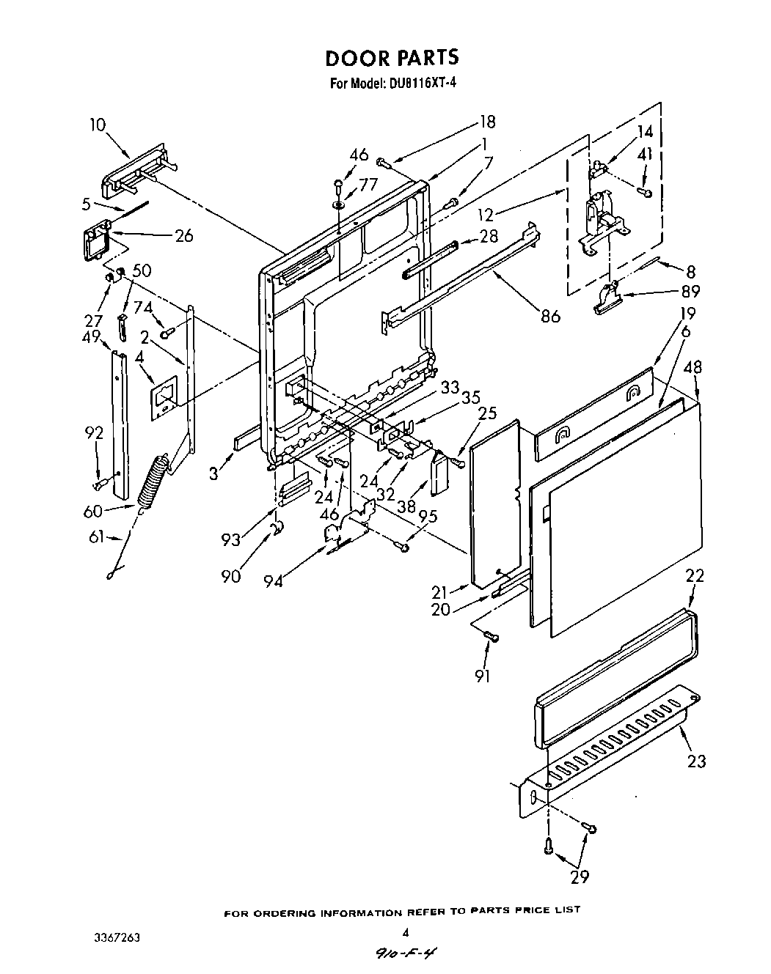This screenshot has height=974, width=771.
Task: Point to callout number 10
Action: click(98, 125)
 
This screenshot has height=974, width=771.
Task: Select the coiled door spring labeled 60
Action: click(155, 480)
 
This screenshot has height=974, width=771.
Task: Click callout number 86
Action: click(550, 316)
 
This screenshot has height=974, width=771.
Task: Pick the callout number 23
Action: click(696, 761)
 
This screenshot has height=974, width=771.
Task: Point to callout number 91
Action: click(482, 676)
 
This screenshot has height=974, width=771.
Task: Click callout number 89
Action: click(690, 290)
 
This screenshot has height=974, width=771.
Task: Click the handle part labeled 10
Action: click(138, 174)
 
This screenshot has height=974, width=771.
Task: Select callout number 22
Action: click(694, 575)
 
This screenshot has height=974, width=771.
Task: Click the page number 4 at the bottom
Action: click(405, 932)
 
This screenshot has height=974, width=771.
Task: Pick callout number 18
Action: click(487, 122)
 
